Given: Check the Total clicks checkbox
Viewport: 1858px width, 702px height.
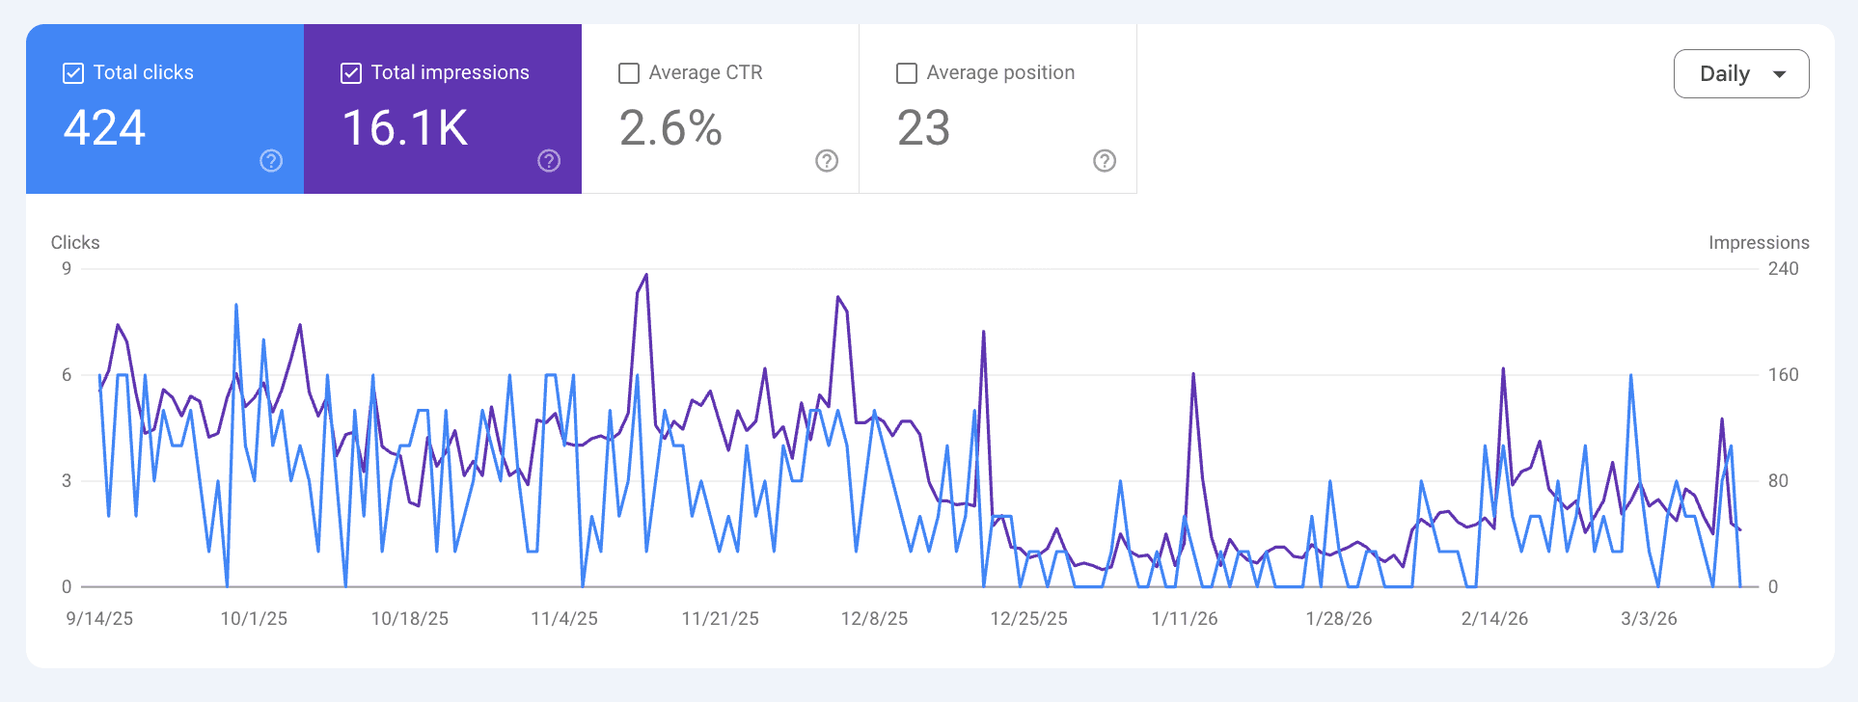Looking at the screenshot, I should point(73,73).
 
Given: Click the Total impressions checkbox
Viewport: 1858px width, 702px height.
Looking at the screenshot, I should point(351,73).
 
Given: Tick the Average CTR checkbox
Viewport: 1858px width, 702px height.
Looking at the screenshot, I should point(629,73).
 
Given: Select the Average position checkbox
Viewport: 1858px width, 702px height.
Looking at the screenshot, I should point(907,73).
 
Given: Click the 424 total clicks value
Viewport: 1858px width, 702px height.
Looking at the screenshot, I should point(104,128).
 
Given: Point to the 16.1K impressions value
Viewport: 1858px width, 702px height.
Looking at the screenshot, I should point(405,128).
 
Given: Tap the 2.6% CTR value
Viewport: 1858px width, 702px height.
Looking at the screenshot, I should point(670,128).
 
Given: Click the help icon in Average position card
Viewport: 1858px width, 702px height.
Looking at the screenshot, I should point(1105,161).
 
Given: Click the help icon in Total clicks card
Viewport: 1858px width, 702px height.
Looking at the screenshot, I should point(271,161).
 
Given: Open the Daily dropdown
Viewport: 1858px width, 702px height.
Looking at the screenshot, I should point(1740,74).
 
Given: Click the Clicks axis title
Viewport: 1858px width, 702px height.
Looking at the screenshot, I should point(75,243).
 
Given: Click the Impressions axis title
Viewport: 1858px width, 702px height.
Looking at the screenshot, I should point(1758,243).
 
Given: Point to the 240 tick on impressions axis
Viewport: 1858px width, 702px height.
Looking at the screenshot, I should point(1783,269).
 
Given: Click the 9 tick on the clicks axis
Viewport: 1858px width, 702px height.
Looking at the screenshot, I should point(67,269).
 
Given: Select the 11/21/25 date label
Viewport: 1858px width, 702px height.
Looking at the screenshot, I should point(720,619).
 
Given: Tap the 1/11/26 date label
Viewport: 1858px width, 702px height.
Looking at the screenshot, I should point(1184,619).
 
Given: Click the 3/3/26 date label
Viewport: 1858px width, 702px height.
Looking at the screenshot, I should point(1649,619).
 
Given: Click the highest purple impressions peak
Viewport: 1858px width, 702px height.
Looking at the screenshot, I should point(645,276).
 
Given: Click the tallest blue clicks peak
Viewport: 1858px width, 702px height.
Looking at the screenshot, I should point(236,306).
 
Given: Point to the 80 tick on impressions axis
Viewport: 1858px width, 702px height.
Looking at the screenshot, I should point(1778,480).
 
